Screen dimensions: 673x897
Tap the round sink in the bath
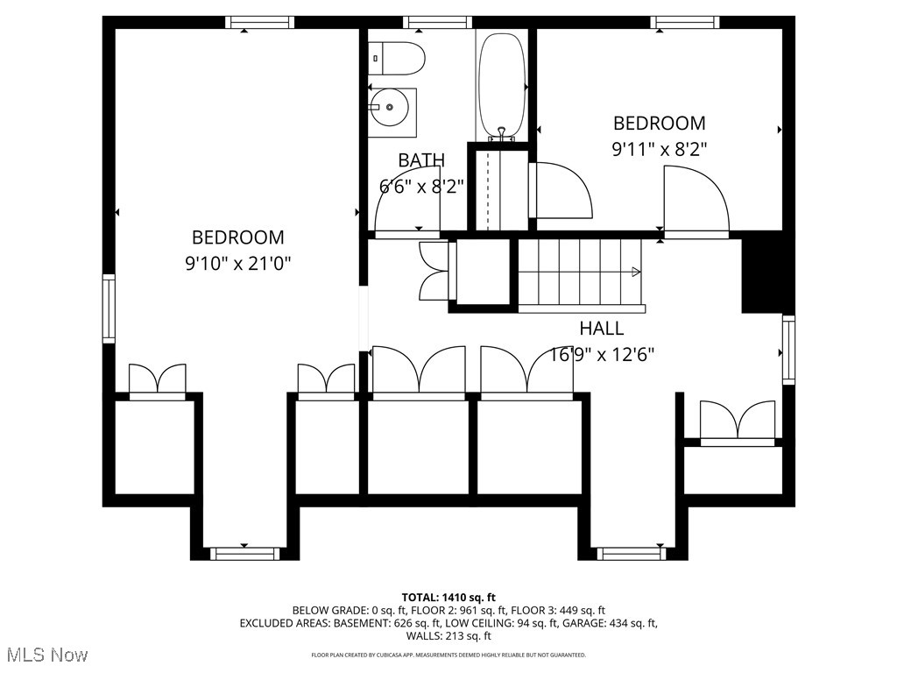coord(388,108)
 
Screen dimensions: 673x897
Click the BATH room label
coord(421,160)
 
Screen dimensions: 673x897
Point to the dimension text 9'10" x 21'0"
coord(237,263)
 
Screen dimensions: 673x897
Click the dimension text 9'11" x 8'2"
coord(659,149)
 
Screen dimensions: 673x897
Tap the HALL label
coord(602,329)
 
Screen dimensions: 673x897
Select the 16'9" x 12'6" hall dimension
coord(602,354)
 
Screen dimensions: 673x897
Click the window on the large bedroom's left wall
coord(109,308)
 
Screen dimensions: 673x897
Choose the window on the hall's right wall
coord(788,351)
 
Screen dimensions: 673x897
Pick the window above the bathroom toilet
coord(438,22)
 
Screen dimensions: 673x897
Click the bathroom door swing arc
coord(405,210)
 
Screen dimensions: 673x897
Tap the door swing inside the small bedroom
coord(696,199)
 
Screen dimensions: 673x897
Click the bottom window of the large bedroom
coord(244,553)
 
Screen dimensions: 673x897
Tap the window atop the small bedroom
coord(684,22)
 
